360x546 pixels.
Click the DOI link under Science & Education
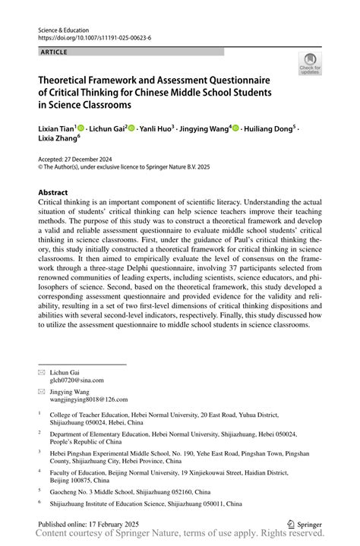tap(89, 36)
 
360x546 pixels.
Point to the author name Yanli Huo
tap(156, 129)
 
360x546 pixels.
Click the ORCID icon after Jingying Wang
tap(235, 129)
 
